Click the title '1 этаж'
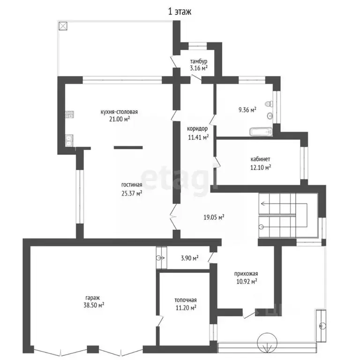point(180,11)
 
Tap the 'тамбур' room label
point(199,61)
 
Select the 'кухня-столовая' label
point(119,112)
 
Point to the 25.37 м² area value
point(132,193)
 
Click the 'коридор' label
point(197,129)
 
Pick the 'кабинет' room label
point(260,159)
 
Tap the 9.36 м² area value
point(247,110)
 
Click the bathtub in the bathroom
point(261,132)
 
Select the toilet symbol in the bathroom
point(269,104)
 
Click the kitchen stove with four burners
point(69,114)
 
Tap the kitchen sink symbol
point(69,141)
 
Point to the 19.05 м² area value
point(214,217)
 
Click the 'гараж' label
point(93,298)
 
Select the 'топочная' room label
point(186,300)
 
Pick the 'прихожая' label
point(246,274)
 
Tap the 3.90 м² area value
point(190,258)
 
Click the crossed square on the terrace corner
point(63,26)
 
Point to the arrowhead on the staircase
point(262,203)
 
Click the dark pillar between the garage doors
point(93,349)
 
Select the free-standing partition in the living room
point(128,148)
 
